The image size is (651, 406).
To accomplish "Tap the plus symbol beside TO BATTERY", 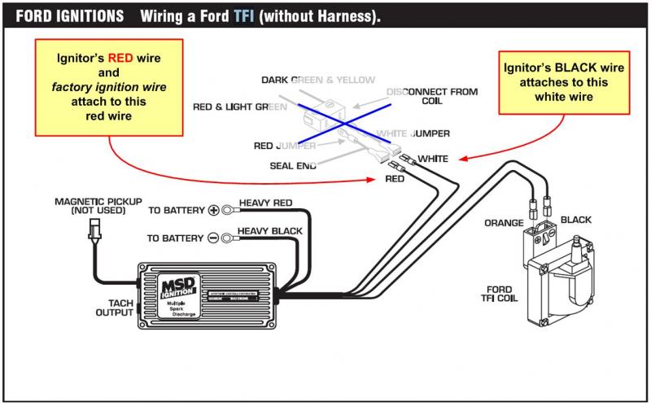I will click(x=214, y=210).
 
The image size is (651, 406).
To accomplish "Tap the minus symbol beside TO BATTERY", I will click(x=214, y=238).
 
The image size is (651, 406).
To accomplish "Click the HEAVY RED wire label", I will click(x=265, y=203).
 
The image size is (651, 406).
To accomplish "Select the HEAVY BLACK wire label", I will click(x=270, y=231).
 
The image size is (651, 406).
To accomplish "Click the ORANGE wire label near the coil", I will click(x=503, y=222).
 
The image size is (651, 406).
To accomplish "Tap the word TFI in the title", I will click(x=242, y=16).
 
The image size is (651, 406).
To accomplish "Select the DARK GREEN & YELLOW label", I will click(x=317, y=80).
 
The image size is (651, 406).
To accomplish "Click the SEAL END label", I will click(x=292, y=165).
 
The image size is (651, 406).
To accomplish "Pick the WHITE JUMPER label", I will click(x=413, y=132).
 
